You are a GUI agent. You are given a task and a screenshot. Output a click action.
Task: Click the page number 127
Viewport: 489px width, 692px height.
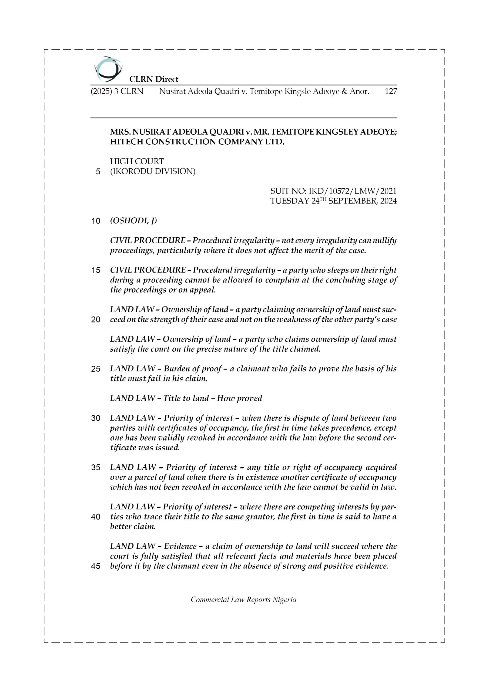(x=390, y=91)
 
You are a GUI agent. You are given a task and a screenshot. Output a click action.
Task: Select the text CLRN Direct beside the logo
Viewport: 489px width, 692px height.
(x=154, y=79)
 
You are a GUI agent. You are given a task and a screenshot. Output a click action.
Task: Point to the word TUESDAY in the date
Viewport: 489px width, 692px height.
(x=290, y=201)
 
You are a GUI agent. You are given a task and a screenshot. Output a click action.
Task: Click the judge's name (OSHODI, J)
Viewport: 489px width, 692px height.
(x=133, y=221)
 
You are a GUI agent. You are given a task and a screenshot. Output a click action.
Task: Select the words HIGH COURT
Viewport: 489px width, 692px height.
(x=137, y=162)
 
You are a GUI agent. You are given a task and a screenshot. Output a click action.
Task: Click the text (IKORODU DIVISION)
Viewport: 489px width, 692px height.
(x=152, y=171)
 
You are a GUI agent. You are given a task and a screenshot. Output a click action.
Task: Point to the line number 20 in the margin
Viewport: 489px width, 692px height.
(x=96, y=320)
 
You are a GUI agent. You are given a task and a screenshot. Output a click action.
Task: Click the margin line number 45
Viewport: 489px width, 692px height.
(x=96, y=566)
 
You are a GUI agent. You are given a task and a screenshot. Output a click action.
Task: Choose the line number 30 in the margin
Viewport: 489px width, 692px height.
(x=96, y=418)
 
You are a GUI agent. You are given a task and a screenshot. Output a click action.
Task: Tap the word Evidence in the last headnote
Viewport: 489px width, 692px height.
(x=180, y=546)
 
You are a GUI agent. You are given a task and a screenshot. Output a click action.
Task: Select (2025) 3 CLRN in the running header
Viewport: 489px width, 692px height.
(x=117, y=91)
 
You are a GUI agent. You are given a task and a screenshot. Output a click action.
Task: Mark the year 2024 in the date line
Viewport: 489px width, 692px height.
(x=388, y=201)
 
